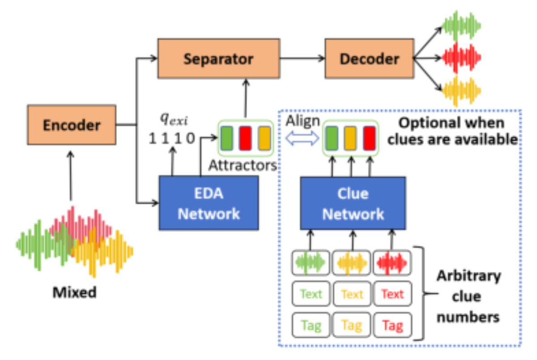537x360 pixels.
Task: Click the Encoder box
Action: pyautogui.click(x=72, y=125)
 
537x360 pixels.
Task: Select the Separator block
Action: pyautogui.click(x=219, y=59)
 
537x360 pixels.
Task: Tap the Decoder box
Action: pyautogui.click(x=370, y=59)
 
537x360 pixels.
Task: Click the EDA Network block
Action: pyautogui.click(x=209, y=203)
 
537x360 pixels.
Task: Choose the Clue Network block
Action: pyautogui.click(x=353, y=203)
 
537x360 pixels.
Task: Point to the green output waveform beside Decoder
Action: pyautogui.click(x=461, y=25)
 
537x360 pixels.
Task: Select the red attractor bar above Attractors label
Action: pyautogui.click(x=245, y=138)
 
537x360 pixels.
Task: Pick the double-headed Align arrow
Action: pyautogui.click(x=302, y=138)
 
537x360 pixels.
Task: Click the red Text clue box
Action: pyautogui.click(x=393, y=294)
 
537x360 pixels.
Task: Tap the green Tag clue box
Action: pyautogui.click(x=311, y=325)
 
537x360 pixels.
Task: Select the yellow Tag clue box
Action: pyautogui.click(x=352, y=325)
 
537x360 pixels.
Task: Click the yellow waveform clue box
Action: pyautogui.click(x=352, y=263)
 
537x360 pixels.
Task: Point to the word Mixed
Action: pyautogui.click(x=75, y=292)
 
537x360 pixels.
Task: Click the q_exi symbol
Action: pyautogui.click(x=174, y=119)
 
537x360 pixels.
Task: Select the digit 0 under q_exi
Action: pyautogui.click(x=191, y=138)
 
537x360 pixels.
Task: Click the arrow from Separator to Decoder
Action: pyautogui.click(x=303, y=58)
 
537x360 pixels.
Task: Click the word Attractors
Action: pyautogui.click(x=243, y=165)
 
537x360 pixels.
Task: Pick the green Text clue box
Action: pyautogui.click(x=311, y=294)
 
